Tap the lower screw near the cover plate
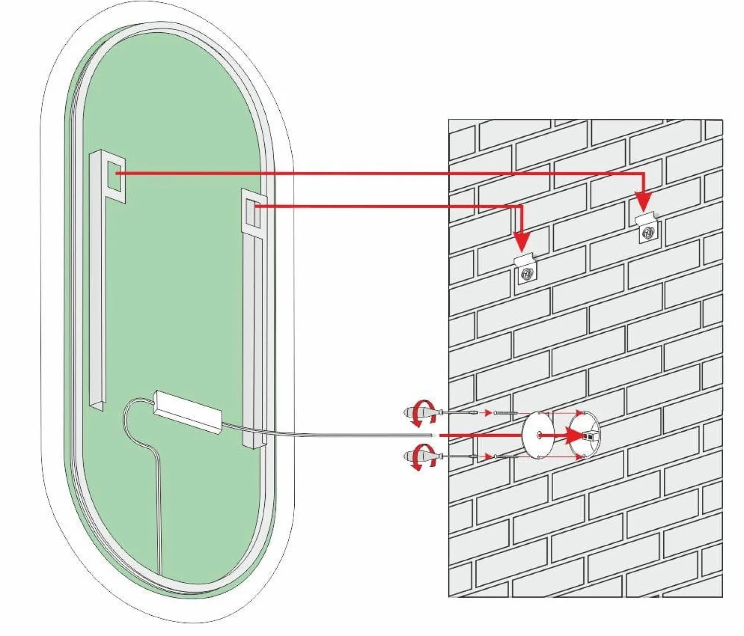coord(505,457)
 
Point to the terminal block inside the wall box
coord(590,436)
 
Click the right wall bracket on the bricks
coord(647,229)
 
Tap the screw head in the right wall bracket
coord(648,233)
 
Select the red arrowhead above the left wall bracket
coord(522,241)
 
